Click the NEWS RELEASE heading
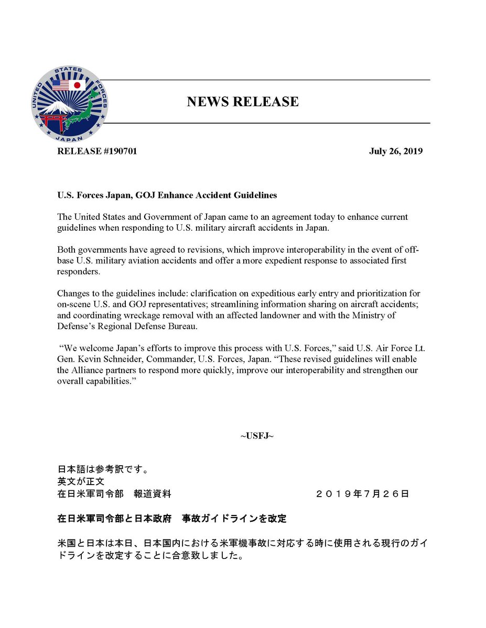tap(243, 102)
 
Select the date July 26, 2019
tap(396, 152)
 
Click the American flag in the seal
tap(60, 85)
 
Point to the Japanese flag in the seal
tap(77, 85)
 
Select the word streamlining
tap(234, 304)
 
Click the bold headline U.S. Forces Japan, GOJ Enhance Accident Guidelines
tap(167, 195)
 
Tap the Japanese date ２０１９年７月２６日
tap(363, 494)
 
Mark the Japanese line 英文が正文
tap(81, 481)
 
